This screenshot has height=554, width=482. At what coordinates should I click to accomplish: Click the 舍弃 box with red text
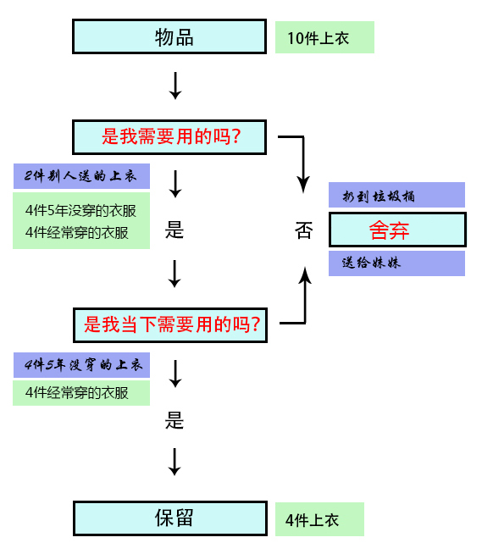(x=396, y=230)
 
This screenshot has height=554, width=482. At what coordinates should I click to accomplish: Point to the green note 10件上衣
(x=324, y=37)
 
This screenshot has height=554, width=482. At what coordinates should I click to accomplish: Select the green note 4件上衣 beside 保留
(x=319, y=519)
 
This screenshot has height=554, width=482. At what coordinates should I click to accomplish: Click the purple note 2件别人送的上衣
(x=81, y=176)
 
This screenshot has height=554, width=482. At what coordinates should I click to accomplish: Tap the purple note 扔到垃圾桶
(x=396, y=195)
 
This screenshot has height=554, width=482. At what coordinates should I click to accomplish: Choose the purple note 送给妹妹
(x=396, y=263)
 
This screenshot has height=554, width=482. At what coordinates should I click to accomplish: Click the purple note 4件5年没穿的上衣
(x=81, y=365)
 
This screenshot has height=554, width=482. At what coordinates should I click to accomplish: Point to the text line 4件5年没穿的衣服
(x=80, y=210)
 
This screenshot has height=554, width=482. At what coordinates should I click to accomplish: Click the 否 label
(x=303, y=231)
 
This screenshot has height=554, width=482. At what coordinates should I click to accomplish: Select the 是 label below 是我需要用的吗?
(x=175, y=231)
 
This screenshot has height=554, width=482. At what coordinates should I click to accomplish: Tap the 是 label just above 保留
(x=175, y=420)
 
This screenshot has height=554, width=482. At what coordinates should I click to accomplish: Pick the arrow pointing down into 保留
(x=175, y=462)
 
